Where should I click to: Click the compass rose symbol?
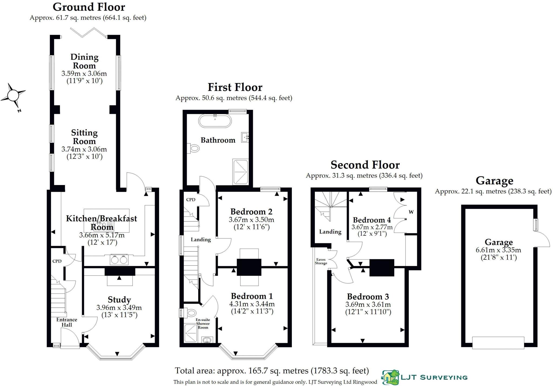point(13,96)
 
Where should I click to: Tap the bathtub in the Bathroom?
point(215,121)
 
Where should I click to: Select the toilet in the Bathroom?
point(194,148)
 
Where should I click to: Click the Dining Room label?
point(84,61)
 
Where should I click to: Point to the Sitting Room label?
point(84,137)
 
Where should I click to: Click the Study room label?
point(119,300)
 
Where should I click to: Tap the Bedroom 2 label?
point(251,211)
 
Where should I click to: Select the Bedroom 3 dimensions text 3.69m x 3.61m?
point(368,304)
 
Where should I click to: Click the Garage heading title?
point(494,180)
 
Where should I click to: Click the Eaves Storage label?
point(321,261)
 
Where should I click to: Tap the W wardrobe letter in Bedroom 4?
point(411,212)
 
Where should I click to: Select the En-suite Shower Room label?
point(203,323)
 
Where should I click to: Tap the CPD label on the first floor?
point(191,200)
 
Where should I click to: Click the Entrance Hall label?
point(67,322)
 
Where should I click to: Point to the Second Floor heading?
point(365,165)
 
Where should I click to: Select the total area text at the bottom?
point(272,371)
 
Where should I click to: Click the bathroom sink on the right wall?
point(245,137)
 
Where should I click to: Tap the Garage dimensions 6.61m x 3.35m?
point(498,250)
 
